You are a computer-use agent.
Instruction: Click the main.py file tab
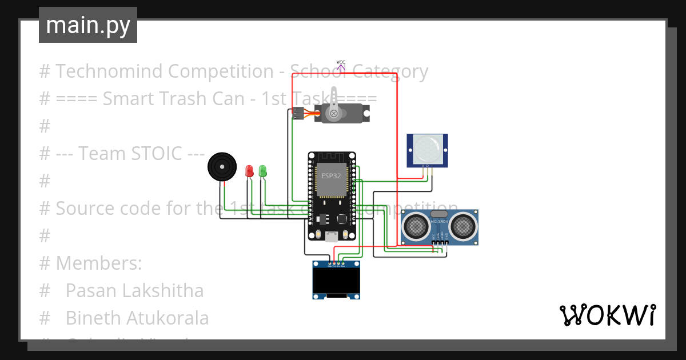click(87, 26)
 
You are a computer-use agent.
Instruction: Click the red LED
click(249, 170)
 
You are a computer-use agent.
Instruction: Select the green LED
click(262, 170)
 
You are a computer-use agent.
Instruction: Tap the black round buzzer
click(222, 167)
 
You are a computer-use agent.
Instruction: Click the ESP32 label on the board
click(331, 176)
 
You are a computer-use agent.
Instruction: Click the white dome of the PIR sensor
click(427, 149)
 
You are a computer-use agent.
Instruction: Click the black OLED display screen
click(336, 280)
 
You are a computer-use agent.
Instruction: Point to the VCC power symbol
click(341, 65)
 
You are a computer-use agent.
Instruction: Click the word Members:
click(99, 263)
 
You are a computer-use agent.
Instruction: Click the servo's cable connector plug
click(297, 113)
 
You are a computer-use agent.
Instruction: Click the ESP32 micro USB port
click(332, 236)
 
